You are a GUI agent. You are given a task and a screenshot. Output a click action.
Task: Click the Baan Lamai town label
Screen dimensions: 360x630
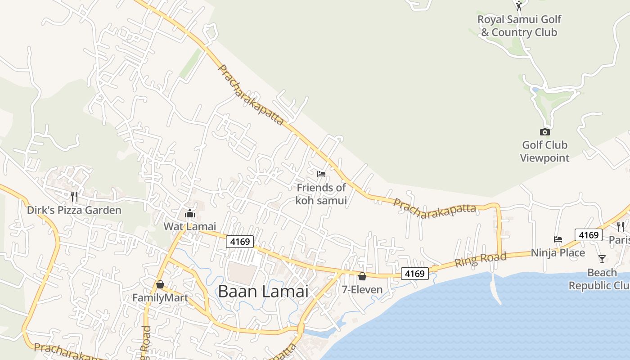263,291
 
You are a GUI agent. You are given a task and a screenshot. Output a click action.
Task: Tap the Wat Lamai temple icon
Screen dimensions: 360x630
190,213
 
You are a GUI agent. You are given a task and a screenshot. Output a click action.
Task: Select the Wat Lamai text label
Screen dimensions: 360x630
190,226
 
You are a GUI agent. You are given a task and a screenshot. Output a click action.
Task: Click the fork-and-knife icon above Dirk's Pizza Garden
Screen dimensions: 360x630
74,197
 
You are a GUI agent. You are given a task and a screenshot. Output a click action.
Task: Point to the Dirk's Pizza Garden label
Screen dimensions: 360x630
74,210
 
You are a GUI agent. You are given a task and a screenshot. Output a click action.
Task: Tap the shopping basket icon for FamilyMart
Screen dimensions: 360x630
160,284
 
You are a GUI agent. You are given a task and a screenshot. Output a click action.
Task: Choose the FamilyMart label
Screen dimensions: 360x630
160,298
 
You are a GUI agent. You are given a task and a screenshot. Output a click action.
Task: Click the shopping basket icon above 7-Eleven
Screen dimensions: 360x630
362,276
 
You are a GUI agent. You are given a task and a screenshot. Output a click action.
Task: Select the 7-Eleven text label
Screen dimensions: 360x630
362,290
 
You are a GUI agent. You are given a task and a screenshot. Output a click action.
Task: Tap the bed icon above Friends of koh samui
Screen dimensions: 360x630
321,174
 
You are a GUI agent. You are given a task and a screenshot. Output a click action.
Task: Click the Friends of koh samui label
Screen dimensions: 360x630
321,194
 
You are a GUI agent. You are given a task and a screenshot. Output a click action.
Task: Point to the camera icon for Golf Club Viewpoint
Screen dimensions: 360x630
544,132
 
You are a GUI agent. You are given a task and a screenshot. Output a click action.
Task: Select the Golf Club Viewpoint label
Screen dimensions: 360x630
544,152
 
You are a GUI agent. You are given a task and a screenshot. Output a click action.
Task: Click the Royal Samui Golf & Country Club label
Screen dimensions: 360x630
519,26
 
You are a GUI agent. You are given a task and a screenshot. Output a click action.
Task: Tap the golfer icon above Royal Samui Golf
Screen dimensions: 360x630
519,6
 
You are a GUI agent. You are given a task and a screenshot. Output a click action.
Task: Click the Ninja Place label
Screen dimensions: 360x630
558,253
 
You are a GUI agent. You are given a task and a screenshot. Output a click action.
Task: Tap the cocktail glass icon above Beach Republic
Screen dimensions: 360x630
602,259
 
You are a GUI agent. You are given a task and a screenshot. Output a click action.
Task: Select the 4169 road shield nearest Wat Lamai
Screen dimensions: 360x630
240,242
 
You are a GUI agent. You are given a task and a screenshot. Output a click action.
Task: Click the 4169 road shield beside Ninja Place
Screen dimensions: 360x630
589,235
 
